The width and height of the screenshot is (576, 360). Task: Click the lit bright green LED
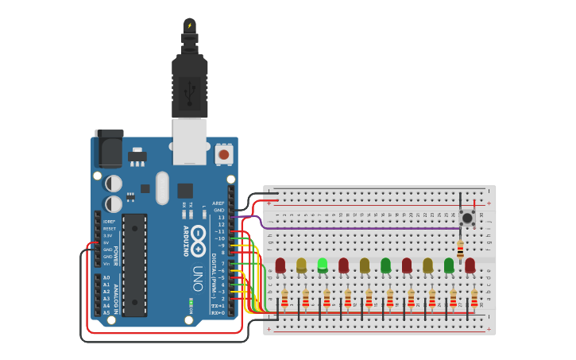[x=323, y=265]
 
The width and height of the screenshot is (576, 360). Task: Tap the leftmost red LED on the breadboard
[x=280, y=265]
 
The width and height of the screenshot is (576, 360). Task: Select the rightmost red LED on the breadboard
[x=470, y=265]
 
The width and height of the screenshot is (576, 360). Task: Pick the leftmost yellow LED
[x=301, y=265]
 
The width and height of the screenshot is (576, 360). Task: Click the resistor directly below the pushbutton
[x=460, y=248]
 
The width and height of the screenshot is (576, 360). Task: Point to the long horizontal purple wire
[x=358, y=228]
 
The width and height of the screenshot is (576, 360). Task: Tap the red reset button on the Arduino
[x=224, y=154]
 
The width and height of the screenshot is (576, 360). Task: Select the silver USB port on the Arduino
[x=190, y=141]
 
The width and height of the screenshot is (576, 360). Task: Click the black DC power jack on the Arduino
[x=108, y=149]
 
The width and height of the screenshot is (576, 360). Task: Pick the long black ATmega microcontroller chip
[x=134, y=264]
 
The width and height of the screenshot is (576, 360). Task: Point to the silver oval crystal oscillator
[x=162, y=188]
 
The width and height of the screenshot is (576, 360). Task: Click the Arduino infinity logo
[x=198, y=240]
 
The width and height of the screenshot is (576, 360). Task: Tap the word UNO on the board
[x=198, y=278]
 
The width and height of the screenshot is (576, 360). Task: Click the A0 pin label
[x=106, y=277]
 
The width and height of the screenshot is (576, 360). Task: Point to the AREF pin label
[x=218, y=203]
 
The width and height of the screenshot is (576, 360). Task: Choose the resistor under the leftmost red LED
[x=284, y=298]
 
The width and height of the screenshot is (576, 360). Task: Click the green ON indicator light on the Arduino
[x=191, y=303]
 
